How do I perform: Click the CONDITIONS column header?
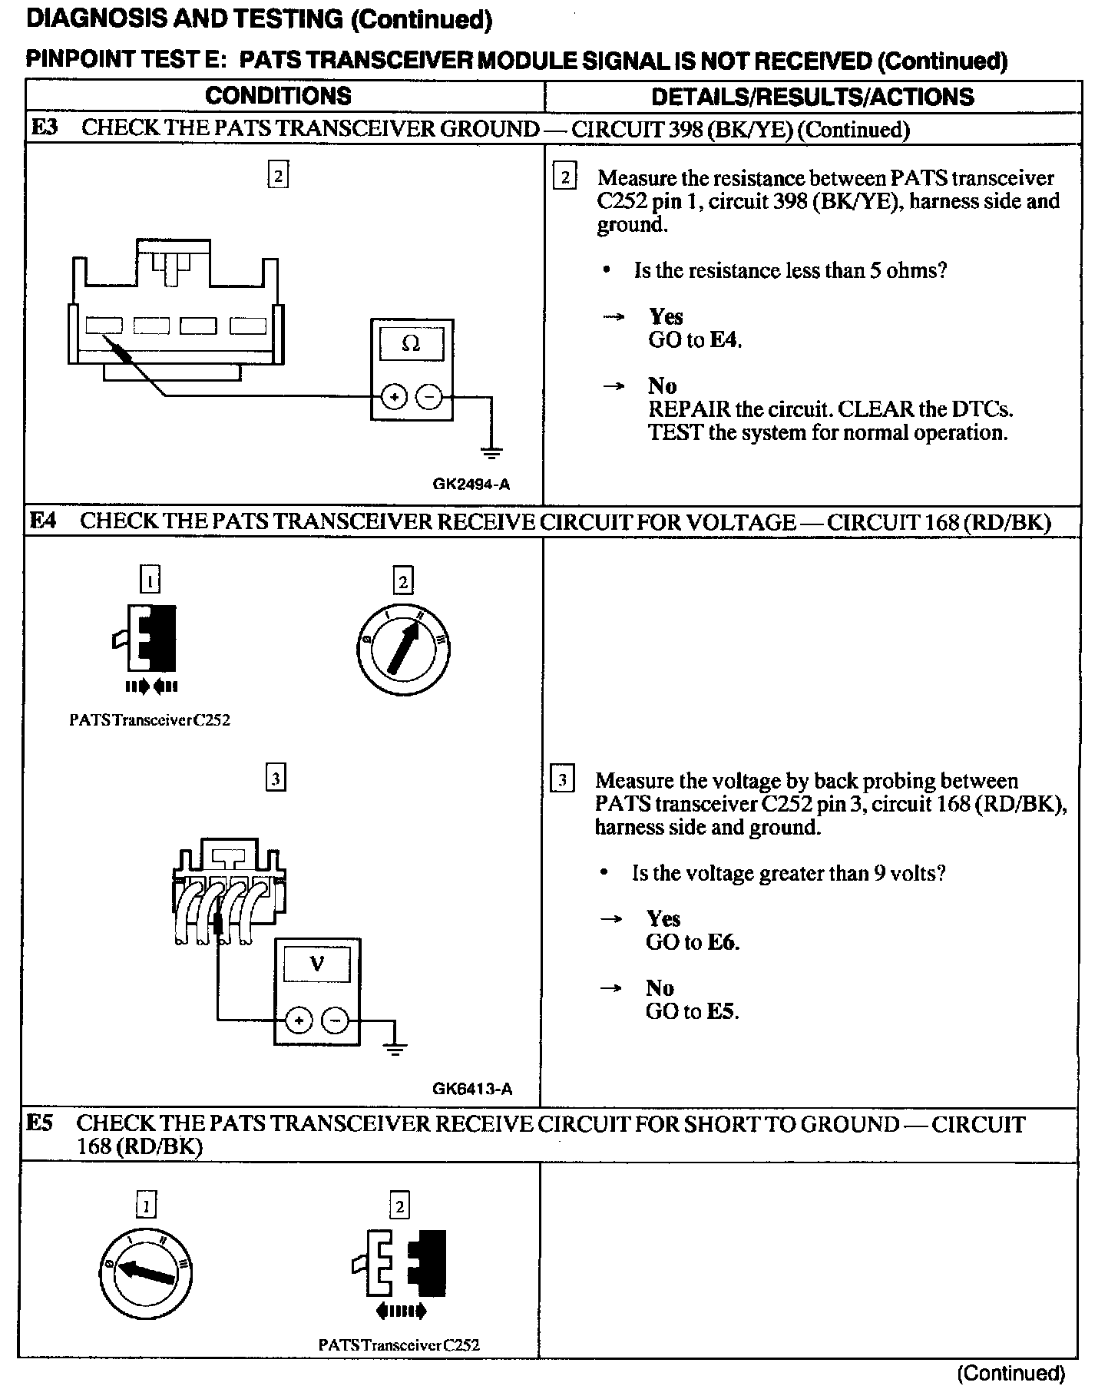point(278,96)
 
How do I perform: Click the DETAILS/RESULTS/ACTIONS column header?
point(812,97)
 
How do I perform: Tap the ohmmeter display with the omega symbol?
point(412,344)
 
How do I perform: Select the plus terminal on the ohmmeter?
point(394,397)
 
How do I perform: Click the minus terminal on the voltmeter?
point(335,1020)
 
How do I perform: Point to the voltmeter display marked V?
point(316,964)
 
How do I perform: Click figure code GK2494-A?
point(471,485)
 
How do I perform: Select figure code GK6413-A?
point(472,1089)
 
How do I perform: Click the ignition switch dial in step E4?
point(404,646)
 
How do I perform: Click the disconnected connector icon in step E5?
point(399,1267)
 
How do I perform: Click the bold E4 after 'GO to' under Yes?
point(725,339)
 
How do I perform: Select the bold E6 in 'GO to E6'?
point(722,942)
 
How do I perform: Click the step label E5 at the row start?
point(40,1124)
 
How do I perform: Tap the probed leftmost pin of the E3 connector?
point(103,326)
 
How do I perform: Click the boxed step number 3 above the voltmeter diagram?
point(275,779)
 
